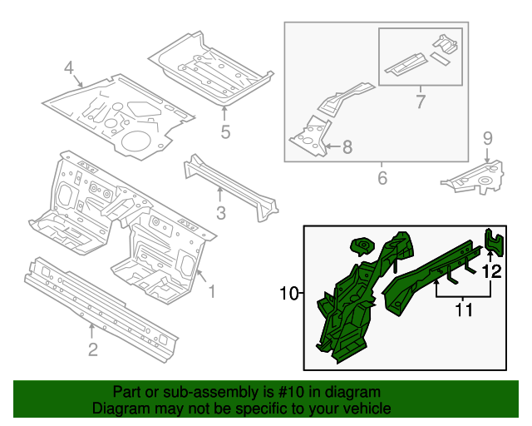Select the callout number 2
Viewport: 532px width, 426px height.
point(92,349)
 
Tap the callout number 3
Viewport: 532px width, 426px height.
point(220,213)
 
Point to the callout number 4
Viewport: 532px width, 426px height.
point(69,67)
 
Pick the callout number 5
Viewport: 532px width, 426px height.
point(224,131)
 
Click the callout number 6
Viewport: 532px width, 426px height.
point(382,178)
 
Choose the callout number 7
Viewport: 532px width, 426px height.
point(420,102)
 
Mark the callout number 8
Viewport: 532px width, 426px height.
point(347,147)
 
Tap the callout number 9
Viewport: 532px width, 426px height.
point(488,137)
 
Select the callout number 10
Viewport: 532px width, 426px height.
point(288,293)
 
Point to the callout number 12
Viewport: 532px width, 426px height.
point(491,270)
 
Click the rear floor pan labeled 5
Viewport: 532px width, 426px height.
point(212,67)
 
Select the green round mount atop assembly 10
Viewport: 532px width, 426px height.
point(362,245)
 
